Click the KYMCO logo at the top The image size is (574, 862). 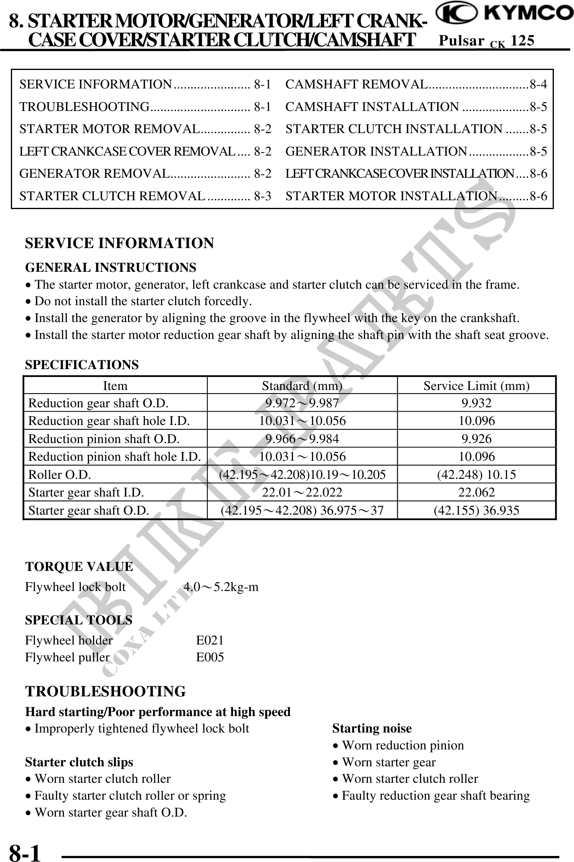[505, 14]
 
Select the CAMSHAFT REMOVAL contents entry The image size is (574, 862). [415, 84]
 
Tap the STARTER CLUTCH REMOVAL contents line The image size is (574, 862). [145, 196]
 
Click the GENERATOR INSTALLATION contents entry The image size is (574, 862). [415, 151]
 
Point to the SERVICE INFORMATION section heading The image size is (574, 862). [120, 243]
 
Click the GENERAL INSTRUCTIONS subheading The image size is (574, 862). [111, 267]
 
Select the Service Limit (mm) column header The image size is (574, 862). [476, 386]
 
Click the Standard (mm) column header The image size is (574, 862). [302, 386]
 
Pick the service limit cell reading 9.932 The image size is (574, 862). [476, 403]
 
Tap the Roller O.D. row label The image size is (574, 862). [60, 474]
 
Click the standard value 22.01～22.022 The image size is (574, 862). [302, 492]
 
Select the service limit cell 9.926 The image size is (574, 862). [476, 439]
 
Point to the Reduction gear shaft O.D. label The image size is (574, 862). [98, 403]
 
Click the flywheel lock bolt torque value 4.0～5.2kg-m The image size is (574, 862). [221, 587]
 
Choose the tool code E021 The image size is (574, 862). [210, 640]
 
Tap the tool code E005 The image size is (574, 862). [210, 657]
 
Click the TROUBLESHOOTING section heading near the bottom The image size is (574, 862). [105, 692]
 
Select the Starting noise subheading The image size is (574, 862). [372, 729]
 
